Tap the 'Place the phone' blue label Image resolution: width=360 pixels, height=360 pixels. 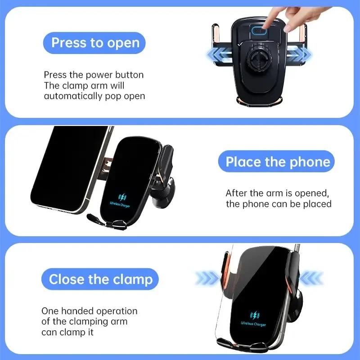(x=277, y=162)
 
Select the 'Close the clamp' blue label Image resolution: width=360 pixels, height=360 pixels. (x=100, y=279)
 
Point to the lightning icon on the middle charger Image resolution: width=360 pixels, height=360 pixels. (x=122, y=197)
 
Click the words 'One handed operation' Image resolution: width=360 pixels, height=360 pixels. (x=90, y=311)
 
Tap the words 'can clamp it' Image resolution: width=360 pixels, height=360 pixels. (x=68, y=333)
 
